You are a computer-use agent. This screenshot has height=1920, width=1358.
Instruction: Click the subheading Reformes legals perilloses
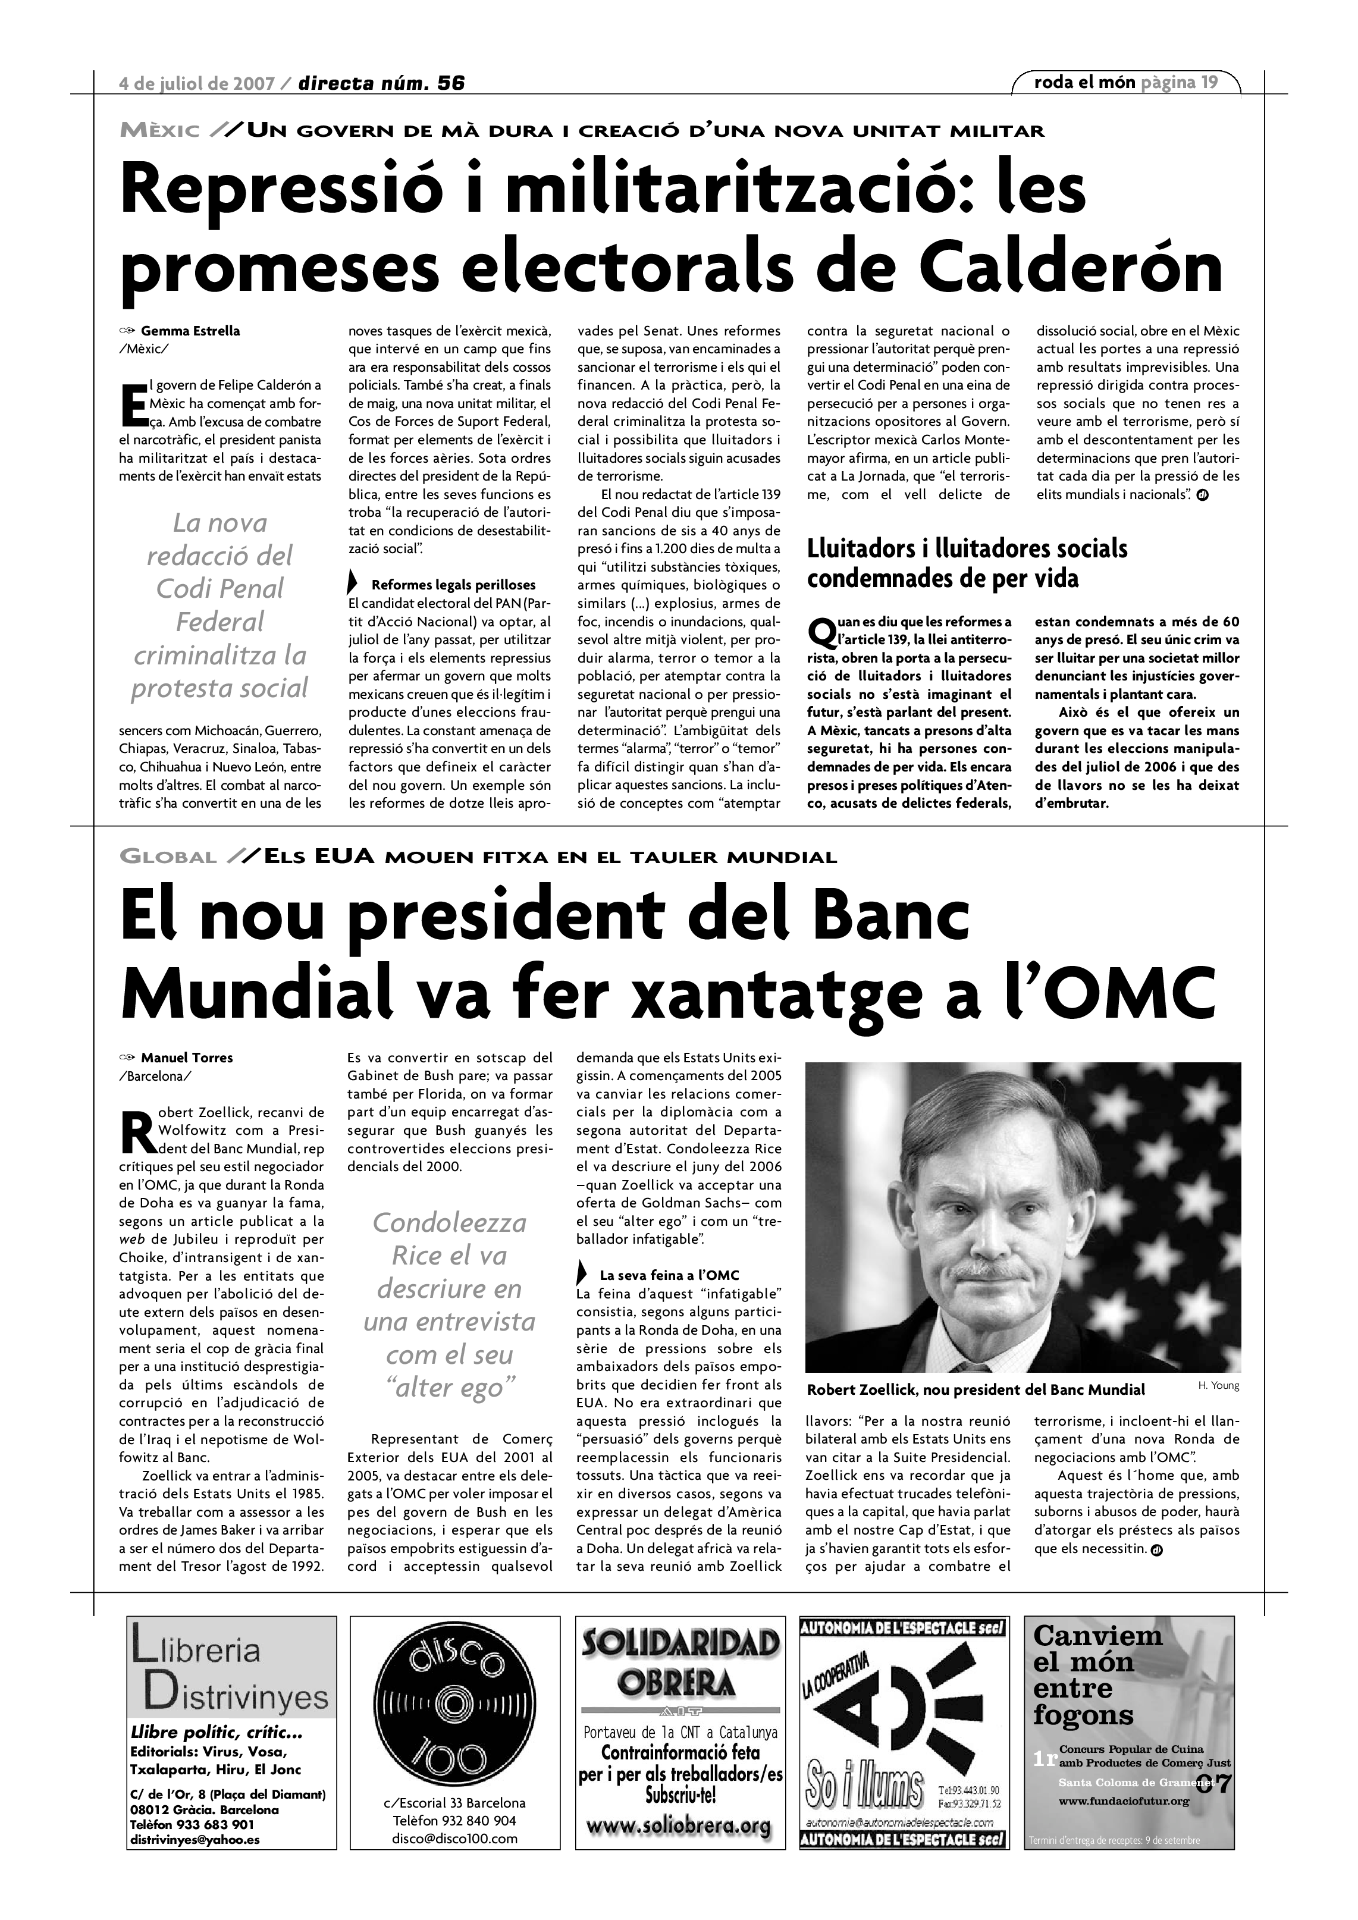click(x=453, y=585)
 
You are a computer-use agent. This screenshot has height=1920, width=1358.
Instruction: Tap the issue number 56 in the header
click(x=451, y=83)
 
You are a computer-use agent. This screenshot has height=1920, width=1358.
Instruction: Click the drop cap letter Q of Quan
click(x=822, y=631)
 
